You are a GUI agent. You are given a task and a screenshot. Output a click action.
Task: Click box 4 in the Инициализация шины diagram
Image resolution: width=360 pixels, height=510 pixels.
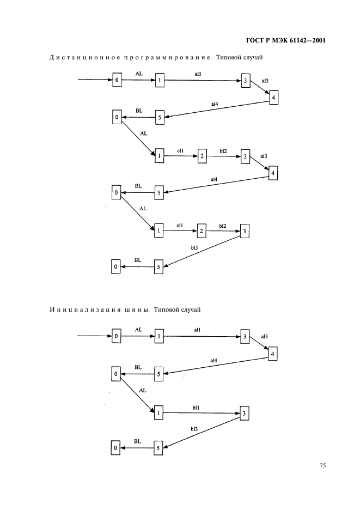click(x=273, y=353)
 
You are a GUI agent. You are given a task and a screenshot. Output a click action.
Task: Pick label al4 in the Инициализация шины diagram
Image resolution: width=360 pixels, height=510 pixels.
click(x=213, y=360)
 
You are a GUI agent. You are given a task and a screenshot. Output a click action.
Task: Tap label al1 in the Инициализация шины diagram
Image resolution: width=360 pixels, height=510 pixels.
click(x=197, y=330)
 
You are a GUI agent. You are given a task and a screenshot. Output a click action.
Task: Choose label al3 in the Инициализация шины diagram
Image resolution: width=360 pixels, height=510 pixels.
click(x=264, y=337)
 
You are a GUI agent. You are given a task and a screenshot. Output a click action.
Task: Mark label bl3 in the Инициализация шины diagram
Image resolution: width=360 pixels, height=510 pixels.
click(x=194, y=429)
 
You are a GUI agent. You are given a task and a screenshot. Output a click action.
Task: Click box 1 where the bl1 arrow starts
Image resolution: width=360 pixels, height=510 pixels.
click(x=159, y=413)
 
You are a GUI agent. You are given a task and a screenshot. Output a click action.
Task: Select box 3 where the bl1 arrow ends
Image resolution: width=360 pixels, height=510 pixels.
click(x=245, y=414)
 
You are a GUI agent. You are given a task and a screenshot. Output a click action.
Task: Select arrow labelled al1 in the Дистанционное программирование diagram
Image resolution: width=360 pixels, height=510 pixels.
click(x=202, y=81)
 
